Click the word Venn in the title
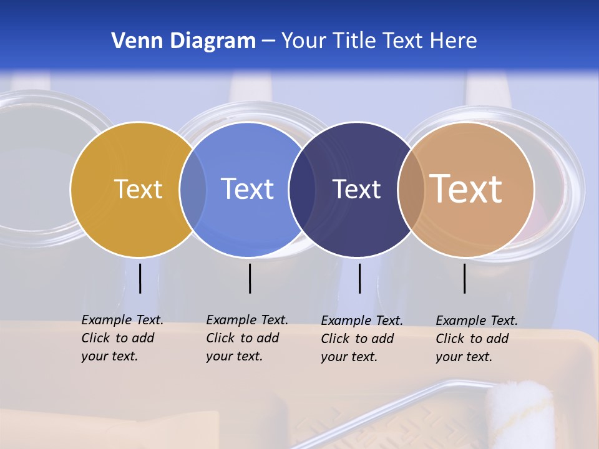pos(134,41)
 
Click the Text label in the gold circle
pos(138,189)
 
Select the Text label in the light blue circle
pos(247,189)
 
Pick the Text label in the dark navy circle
pos(356,189)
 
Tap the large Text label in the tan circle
pos(466,189)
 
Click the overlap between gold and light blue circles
pos(193,190)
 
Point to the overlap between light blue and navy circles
pos(303,190)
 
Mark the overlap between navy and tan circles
pos(411,190)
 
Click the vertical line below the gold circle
pos(140,278)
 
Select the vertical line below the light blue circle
pos(250,278)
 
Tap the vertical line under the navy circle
pos(359,278)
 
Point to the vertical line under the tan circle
pos(464,278)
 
